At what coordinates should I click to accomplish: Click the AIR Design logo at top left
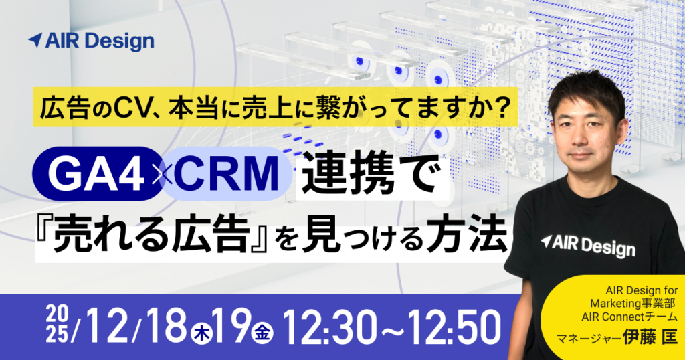pos(91,41)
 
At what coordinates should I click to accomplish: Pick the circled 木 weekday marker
pos(199,330)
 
